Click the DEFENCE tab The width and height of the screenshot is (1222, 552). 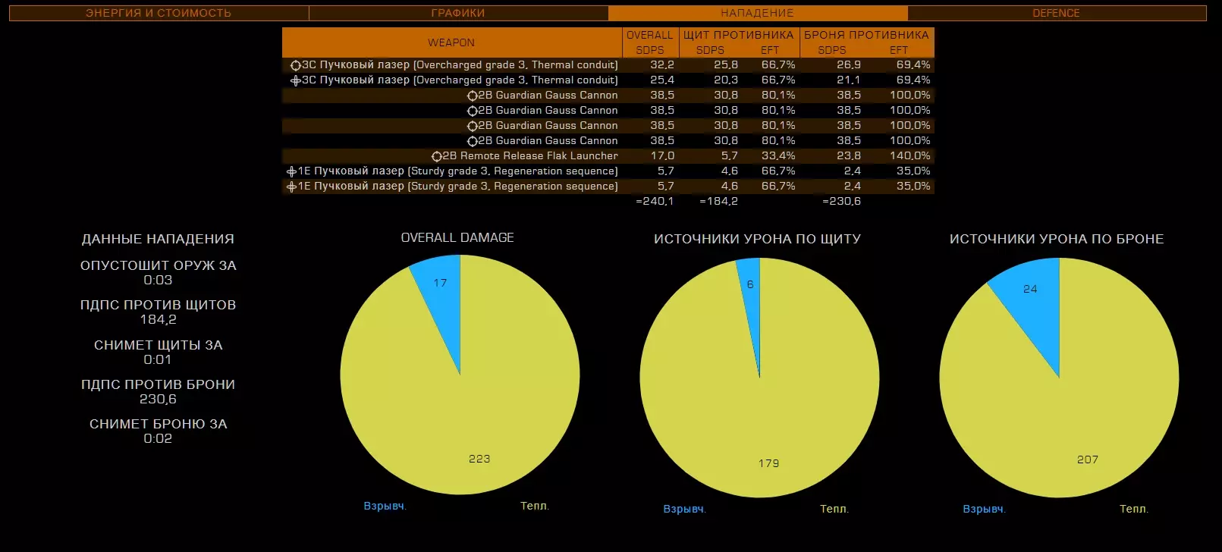click(x=1056, y=13)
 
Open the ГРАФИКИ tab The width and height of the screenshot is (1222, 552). click(x=457, y=13)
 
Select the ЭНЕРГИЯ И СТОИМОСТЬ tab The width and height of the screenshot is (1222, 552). click(x=158, y=13)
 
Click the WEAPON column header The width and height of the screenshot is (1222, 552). click(x=451, y=42)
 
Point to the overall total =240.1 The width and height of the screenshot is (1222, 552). click(x=654, y=201)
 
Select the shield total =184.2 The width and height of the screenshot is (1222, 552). click(x=718, y=201)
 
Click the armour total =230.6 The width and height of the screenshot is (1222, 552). click(x=841, y=201)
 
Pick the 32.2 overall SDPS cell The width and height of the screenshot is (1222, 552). click(x=661, y=64)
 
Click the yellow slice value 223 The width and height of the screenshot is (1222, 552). click(x=479, y=458)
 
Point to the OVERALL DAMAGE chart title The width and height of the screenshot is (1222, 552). click(x=457, y=237)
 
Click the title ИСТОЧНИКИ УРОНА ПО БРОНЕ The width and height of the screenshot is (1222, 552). click(x=1056, y=239)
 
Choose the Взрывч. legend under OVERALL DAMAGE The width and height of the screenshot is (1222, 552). click(x=385, y=506)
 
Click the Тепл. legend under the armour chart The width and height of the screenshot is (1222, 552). click(x=1133, y=509)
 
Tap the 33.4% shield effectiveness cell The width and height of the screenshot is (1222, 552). click(x=778, y=155)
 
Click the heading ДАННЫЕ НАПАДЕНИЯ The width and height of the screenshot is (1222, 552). click(x=158, y=239)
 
